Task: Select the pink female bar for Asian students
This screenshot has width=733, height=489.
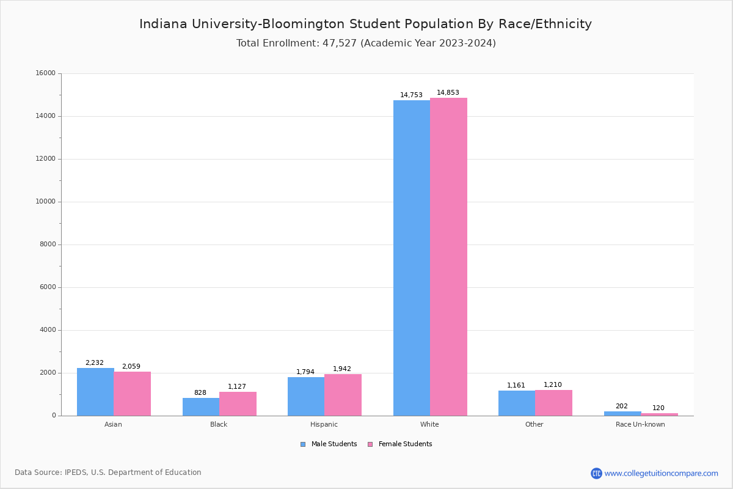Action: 132,394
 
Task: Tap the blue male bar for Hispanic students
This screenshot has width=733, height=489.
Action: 306,396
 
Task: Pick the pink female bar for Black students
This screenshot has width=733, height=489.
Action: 238,403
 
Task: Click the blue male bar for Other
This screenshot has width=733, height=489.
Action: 517,403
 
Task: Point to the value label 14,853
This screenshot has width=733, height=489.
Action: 448,93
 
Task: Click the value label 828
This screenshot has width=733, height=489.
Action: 200,393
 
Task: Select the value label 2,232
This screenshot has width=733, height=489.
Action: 95,363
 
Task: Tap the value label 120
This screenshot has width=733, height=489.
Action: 658,408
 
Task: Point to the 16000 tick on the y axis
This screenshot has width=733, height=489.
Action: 46,73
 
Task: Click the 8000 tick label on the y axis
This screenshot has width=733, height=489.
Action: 48,244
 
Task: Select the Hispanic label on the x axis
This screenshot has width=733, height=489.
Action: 324,424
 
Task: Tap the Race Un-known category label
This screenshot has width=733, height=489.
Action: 640,424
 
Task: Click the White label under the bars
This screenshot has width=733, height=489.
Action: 429,424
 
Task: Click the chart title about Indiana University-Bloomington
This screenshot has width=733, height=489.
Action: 365,24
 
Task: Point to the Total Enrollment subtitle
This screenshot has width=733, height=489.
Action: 366,43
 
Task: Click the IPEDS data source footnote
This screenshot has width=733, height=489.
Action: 108,472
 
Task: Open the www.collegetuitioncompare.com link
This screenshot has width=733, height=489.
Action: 661,473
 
